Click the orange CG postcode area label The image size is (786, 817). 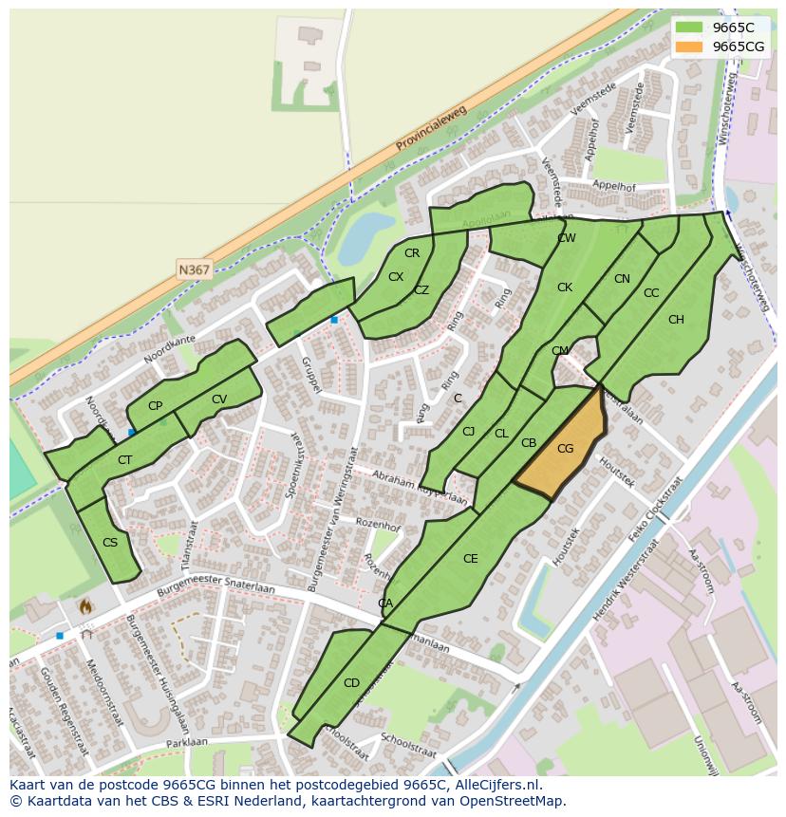tap(565, 449)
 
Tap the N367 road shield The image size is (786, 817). tap(194, 270)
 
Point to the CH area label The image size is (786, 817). tap(676, 320)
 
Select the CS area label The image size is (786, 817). tap(110, 543)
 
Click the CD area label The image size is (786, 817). tap(351, 683)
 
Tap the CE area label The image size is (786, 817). tap(470, 559)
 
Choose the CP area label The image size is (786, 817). tap(155, 406)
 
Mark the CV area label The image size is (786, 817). tap(219, 399)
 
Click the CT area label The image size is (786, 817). tap(124, 460)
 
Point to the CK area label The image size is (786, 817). tap(565, 288)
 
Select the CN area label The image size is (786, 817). tap(622, 279)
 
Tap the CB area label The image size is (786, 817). tap(529, 443)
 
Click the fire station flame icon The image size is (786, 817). tap(85, 604)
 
